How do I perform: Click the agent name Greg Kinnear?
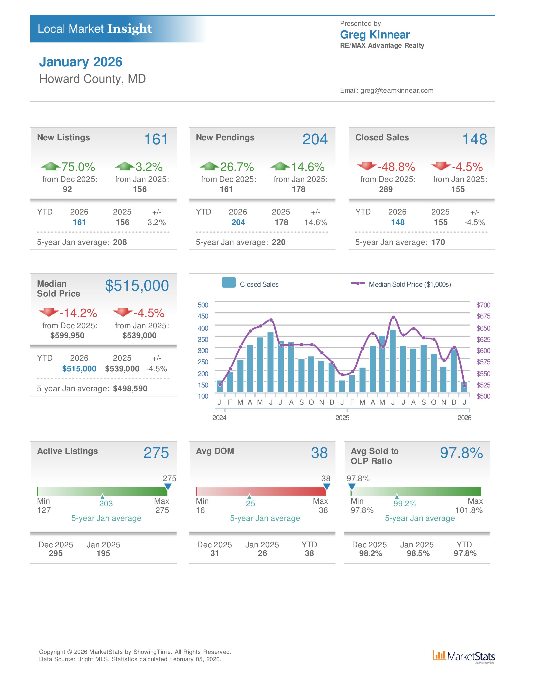coord(375,35)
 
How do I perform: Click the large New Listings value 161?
coord(156,139)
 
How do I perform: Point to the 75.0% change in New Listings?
coord(78,167)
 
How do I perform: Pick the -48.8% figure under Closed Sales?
coord(396,167)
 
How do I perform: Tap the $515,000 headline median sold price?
coord(137,286)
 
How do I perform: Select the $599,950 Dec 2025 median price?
coord(67,336)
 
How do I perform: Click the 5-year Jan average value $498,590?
coord(130,389)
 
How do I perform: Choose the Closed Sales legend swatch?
coord(229,282)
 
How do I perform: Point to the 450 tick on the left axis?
coord(203,316)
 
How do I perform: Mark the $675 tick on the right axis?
coord(483,316)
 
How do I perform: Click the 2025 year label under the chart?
coord(342,418)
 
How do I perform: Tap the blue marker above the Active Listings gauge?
coord(168,487)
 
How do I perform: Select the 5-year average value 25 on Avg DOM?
coord(250,504)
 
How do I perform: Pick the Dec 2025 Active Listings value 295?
coord(56,553)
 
